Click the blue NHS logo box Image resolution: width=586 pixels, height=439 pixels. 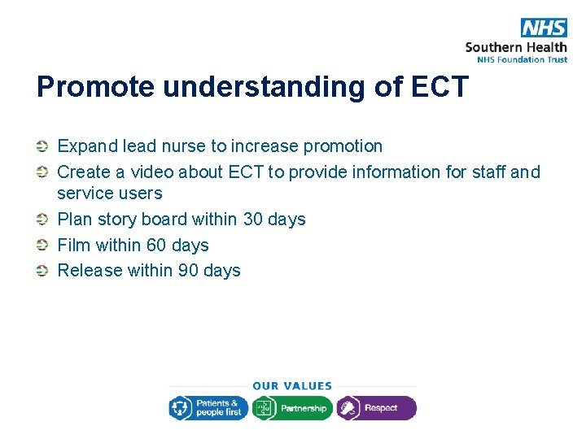544,28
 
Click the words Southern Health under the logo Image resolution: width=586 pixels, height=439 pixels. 516,47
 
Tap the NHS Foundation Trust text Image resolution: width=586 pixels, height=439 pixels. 516,59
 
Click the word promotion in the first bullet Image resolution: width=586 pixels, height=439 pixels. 342,146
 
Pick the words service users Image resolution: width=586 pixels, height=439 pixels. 109,193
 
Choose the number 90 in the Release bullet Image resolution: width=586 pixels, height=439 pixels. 189,271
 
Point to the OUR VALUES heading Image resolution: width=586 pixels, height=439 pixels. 292,386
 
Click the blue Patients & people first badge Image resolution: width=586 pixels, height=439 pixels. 208,408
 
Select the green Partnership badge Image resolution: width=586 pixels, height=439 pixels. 292,408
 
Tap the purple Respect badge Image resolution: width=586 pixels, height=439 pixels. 376,408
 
